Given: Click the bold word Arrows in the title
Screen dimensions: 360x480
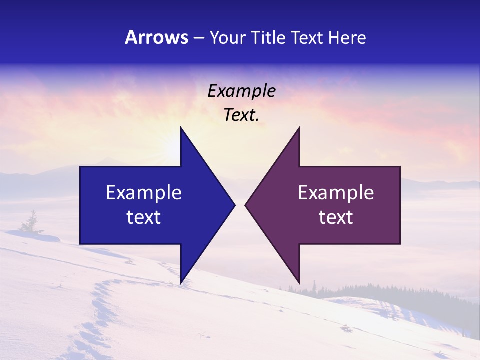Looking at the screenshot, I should (x=156, y=37).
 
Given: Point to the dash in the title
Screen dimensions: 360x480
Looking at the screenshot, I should (x=198, y=38).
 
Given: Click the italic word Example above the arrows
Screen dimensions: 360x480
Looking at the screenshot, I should (x=242, y=91).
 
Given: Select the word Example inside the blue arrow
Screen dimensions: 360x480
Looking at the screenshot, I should (x=144, y=193).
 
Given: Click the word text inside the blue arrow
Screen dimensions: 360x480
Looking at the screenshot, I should (x=144, y=217).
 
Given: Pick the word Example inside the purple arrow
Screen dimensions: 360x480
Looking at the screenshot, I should (x=336, y=193).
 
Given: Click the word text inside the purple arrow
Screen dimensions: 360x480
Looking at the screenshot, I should (x=336, y=217).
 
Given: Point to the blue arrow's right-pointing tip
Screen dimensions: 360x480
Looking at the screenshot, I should (x=234, y=205).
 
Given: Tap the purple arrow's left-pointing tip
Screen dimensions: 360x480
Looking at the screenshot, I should (x=245, y=205).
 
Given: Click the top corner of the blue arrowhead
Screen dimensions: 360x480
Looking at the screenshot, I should (x=181, y=128).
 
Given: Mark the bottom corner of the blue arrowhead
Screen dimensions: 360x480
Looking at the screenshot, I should (x=181, y=283).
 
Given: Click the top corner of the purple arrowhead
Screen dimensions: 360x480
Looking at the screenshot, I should (x=299, y=128).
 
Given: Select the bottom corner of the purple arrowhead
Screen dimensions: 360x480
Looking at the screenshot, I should (x=299, y=283).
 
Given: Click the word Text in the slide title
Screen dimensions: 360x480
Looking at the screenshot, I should (x=307, y=37).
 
